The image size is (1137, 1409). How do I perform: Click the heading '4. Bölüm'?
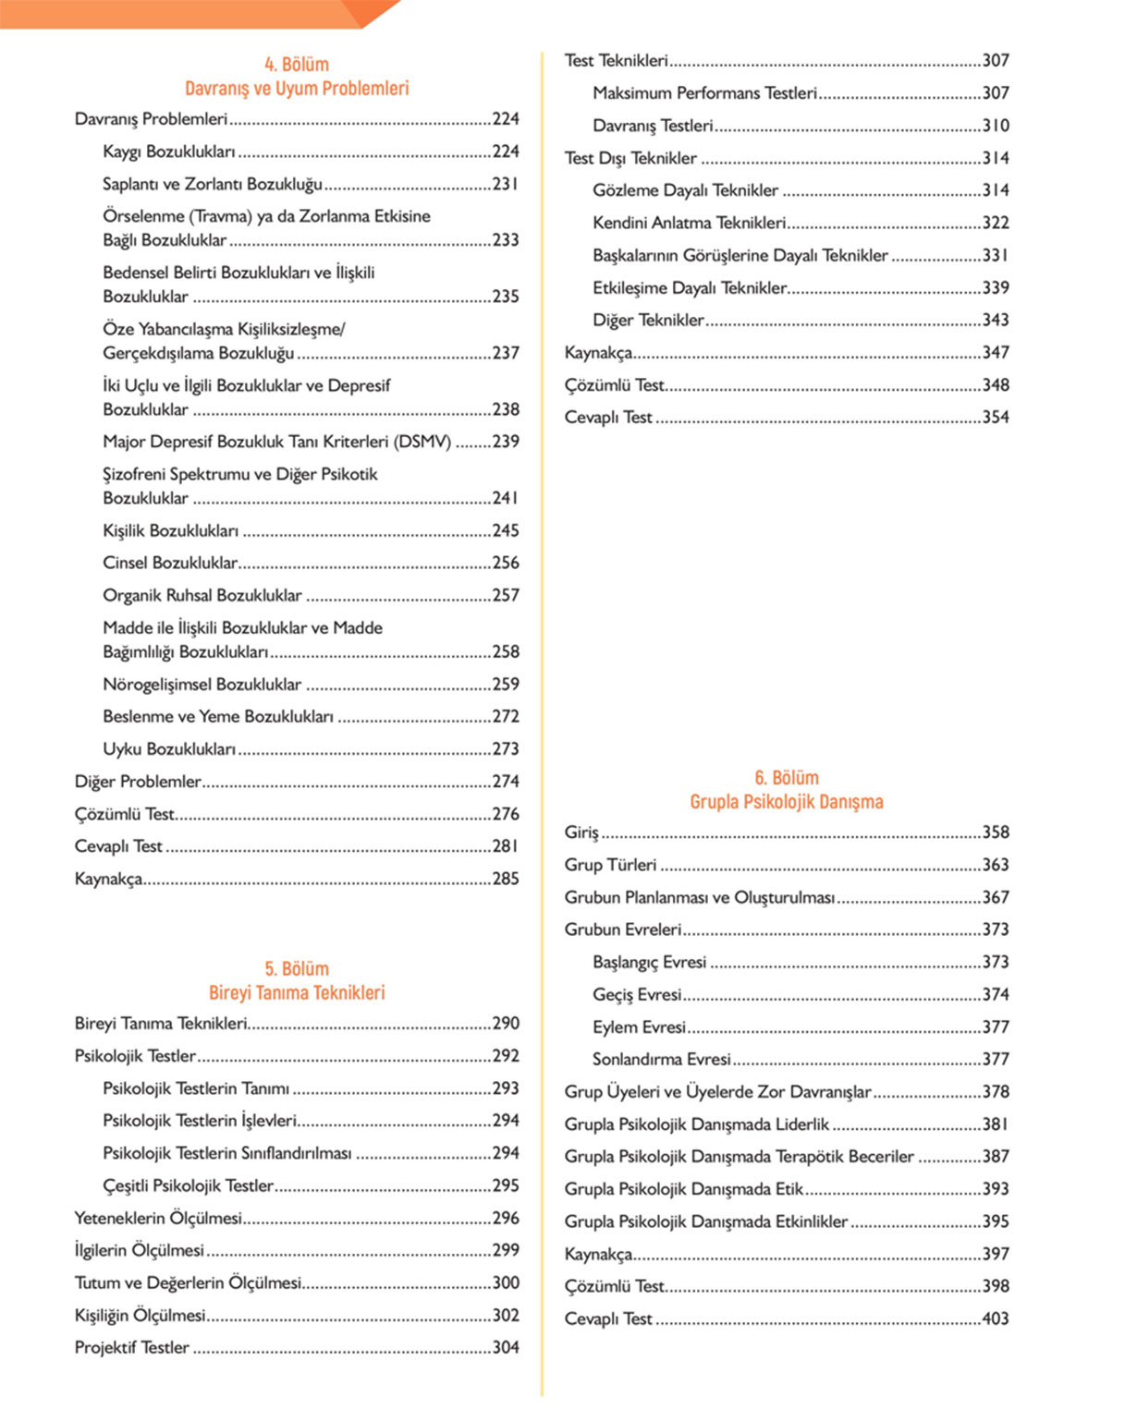[x=296, y=65]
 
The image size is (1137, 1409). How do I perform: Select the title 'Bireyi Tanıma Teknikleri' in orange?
[x=296, y=993]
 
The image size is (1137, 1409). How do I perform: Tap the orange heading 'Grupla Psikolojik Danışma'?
[x=786, y=802]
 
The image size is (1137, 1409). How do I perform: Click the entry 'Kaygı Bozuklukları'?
[x=169, y=152]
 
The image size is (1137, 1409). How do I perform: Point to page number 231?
[x=505, y=184]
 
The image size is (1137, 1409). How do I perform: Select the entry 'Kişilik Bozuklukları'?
[x=171, y=530]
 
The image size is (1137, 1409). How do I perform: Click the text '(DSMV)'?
[x=422, y=442]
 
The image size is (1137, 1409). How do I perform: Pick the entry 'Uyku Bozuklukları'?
[x=169, y=748]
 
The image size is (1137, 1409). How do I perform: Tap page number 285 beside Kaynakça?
[x=505, y=879]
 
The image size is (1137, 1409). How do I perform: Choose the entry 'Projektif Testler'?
[x=132, y=1347]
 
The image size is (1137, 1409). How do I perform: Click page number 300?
[x=505, y=1282]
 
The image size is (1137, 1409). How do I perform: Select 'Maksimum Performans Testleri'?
[x=705, y=93]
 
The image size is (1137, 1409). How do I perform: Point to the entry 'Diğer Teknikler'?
[x=648, y=320]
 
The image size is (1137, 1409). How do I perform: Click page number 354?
[x=995, y=417]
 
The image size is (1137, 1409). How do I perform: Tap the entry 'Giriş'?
[x=581, y=832]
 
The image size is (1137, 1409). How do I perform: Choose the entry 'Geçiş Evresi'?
[x=637, y=994]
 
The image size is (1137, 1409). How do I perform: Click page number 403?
[x=995, y=1318]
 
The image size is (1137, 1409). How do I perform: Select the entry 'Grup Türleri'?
[x=610, y=865]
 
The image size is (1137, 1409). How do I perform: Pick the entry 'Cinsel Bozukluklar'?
[x=170, y=563]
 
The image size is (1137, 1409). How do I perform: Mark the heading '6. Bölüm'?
[x=786, y=778]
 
